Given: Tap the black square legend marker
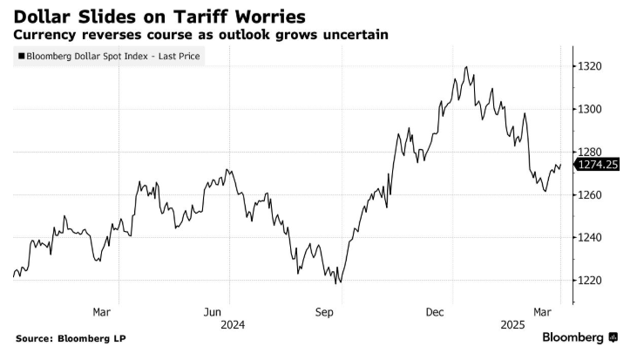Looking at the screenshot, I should coord(19,58).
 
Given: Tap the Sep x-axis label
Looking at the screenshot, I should coord(324,311).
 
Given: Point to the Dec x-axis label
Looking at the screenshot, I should coord(436,311).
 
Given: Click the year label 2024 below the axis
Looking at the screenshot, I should coord(232,324).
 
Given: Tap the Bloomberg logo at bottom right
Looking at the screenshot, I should coord(579,337).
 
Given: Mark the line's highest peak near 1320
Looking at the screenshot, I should coord(467,66).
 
